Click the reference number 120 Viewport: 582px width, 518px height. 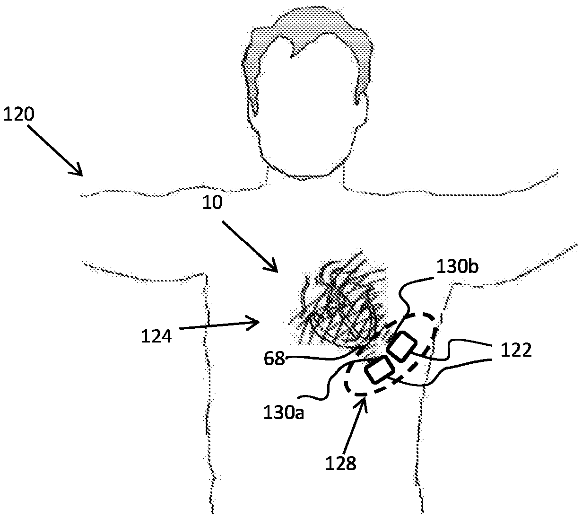18,114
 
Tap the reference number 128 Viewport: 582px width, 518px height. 340,463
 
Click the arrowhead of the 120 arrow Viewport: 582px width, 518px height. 81,174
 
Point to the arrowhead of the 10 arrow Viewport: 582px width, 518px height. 277,271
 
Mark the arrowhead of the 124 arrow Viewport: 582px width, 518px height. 260,323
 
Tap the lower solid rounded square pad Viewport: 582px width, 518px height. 379,370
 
